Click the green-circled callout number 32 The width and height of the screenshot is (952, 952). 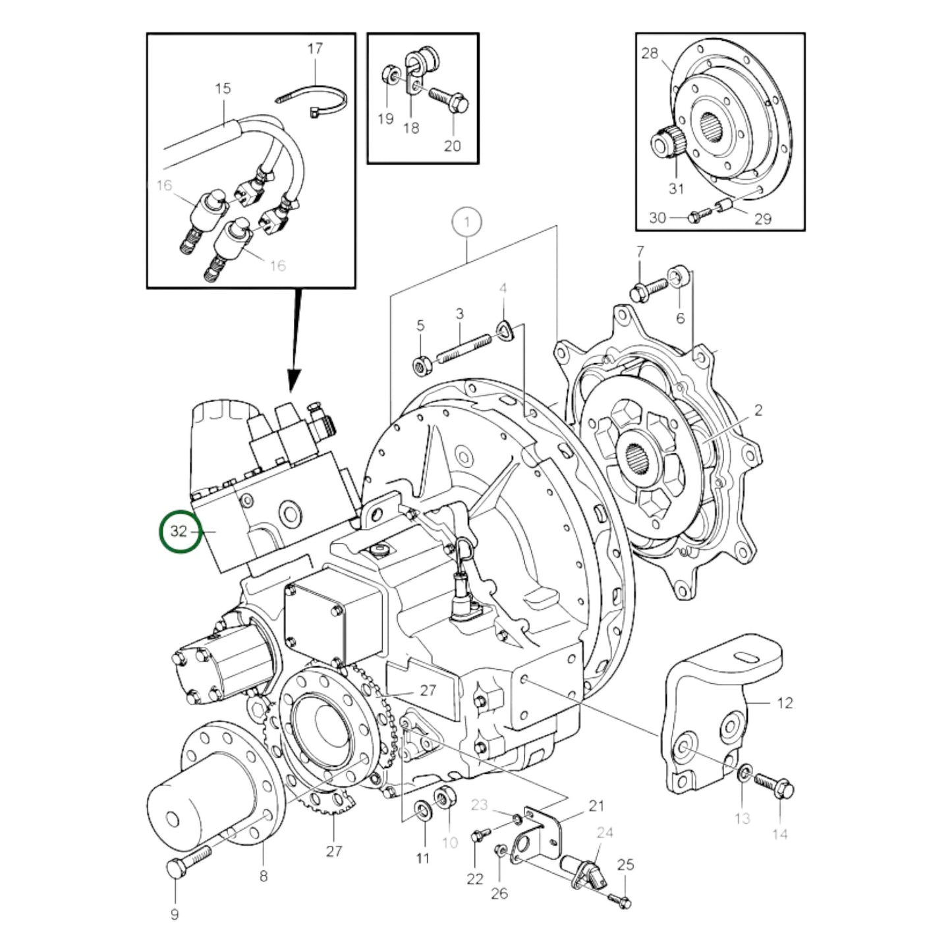[x=179, y=531]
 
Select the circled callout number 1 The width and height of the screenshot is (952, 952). [x=467, y=222]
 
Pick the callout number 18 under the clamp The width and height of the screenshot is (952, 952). [x=410, y=127]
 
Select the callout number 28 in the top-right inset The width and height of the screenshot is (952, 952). [x=650, y=53]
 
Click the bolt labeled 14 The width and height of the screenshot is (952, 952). [x=777, y=786]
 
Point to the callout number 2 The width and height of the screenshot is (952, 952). [x=758, y=410]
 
